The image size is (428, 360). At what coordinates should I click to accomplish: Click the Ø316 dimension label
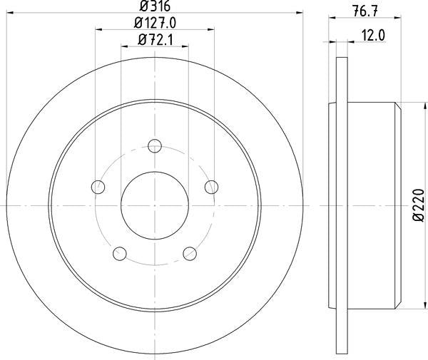(154, 6)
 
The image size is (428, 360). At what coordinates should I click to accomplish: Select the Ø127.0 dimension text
(154, 22)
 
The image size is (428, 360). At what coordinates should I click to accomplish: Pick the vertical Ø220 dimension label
(420, 207)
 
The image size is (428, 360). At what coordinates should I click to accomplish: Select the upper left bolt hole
(98, 187)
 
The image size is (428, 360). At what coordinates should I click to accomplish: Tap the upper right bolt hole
(211, 187)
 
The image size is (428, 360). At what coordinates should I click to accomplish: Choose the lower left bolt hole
(120, 252)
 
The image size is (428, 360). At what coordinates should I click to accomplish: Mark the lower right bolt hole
(190, 252)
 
